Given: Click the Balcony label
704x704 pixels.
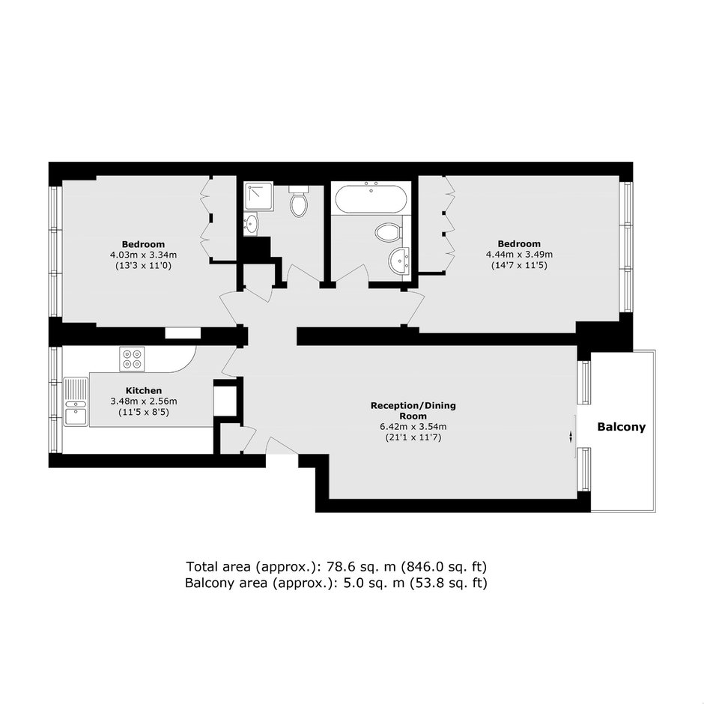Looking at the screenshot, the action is point(621,427).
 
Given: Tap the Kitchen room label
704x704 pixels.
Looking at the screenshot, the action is point(143,391).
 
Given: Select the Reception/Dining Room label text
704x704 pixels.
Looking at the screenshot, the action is point(413,411).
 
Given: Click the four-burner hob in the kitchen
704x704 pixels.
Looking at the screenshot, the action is point(132,359).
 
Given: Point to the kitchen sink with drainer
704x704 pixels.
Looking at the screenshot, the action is point(76,401).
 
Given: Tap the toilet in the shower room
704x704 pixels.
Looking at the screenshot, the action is point(298,201).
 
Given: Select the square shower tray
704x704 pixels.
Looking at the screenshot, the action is point(258,196).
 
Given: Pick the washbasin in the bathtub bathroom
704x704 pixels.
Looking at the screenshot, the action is point(398,260).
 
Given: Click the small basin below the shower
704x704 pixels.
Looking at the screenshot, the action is point(251,224).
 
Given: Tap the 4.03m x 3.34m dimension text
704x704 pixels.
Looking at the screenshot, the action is point(143,255).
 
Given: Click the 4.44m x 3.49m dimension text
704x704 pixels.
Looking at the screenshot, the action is point(519,255).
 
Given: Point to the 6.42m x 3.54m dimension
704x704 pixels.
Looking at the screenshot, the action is point(413,427).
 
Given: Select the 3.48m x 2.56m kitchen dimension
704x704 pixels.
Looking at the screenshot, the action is point(143,401).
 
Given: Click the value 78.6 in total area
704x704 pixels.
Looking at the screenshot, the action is point(339,567).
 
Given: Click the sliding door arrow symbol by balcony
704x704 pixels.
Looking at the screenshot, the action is point(571,436).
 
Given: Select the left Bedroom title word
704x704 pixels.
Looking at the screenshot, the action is point(143,245).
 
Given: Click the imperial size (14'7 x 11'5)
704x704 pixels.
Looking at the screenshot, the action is point(519,265).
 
